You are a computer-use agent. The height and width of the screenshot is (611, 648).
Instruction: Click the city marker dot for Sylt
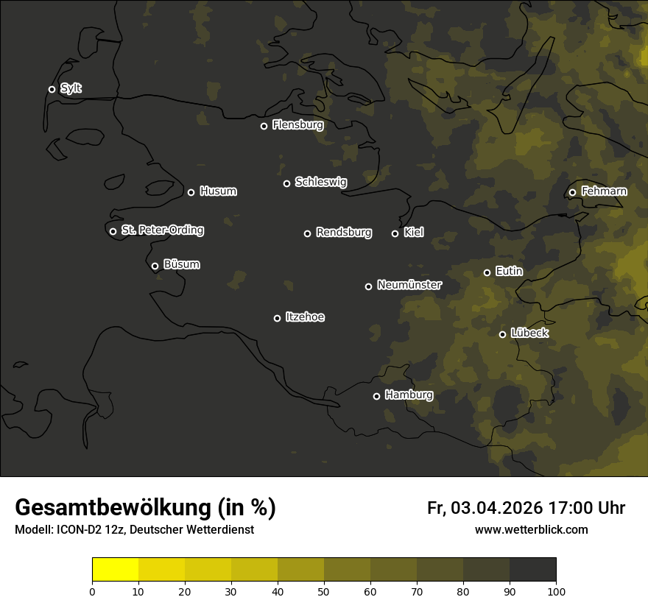point(52,90)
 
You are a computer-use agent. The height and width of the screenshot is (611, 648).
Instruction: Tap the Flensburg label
point(297,125)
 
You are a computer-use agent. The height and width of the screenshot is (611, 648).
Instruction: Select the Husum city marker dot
point(191,192)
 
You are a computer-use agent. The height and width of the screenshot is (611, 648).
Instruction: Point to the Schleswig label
point(320,182)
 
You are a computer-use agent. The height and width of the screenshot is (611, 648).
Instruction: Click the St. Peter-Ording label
point(162,230)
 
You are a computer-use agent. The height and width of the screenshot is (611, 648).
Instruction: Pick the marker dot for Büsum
point(155,266)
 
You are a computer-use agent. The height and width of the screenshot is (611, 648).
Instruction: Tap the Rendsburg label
point(343,233)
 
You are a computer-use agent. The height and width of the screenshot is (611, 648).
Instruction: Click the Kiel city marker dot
point(395,233)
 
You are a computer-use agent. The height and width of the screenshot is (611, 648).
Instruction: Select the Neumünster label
point(409,285)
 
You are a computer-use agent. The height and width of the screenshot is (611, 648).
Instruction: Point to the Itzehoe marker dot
point(277,318)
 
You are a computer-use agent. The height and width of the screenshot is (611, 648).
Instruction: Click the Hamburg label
point(409,395)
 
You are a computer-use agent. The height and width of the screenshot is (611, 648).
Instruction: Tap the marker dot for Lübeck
point(502,334)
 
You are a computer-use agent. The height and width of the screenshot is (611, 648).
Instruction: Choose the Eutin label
point(509,272)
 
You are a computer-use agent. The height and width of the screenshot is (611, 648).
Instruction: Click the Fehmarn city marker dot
point(572,193)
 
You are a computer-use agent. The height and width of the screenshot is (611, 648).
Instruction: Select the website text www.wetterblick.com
point(531,530)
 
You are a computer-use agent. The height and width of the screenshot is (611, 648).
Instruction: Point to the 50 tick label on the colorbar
point(324,591)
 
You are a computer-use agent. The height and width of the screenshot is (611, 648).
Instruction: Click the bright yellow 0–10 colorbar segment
point(116,570)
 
